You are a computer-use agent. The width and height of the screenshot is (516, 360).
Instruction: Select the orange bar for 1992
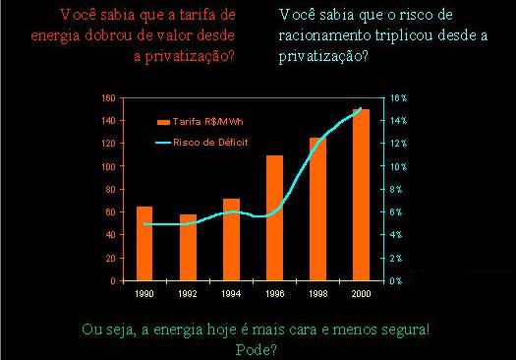click(x=188, y=247)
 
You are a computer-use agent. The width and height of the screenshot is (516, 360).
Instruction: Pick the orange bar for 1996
click(x=274, y=217)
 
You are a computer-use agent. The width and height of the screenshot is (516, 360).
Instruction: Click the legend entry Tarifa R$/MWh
click(x=207, y=121)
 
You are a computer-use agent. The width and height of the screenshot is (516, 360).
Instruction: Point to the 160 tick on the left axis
click(x=109, y=98)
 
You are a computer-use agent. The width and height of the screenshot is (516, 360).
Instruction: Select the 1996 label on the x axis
click(x=274, y=294)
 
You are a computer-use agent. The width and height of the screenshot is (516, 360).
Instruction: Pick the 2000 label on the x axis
click(x=361, y=294)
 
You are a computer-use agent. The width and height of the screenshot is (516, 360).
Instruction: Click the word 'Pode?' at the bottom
click(x=258, y=347)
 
